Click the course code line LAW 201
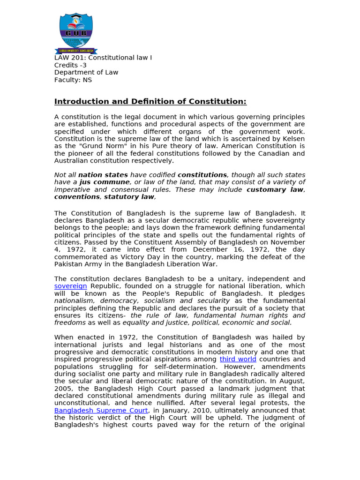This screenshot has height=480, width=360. point(103,58)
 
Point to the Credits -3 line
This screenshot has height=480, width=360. point(70,65)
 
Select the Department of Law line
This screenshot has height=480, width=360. point(86,73)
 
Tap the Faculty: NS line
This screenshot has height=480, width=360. point(73,80)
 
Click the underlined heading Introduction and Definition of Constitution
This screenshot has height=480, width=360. point(150,102)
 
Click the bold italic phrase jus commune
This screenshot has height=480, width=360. point(105,182)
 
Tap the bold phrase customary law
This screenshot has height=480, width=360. point(275,190)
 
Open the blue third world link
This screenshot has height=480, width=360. point(238,360)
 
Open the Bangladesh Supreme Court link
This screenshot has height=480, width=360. point(101,411)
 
